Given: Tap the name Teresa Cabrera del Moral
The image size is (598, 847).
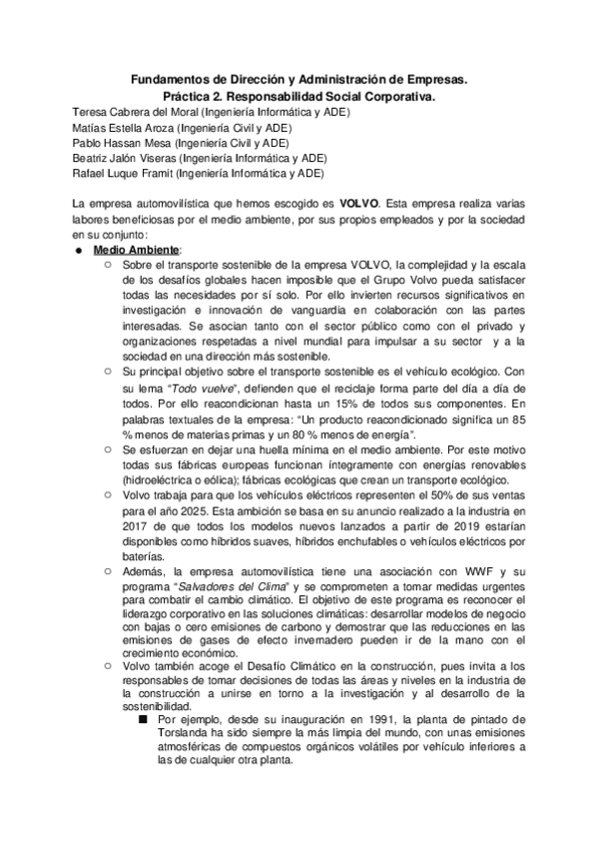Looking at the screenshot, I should click(129, 110).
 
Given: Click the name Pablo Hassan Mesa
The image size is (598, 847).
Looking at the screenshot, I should click(117, 142).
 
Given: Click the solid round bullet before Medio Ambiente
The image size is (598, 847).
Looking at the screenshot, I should click(77, 250).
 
